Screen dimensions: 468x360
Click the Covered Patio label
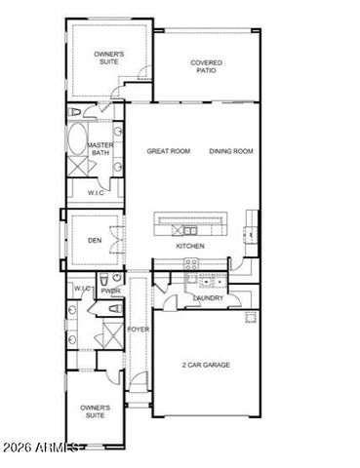tap(205, 66)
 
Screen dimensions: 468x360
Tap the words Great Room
tap(167, 151)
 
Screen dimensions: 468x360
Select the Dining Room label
tap(230, 151)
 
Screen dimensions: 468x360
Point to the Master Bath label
tap(100, 149)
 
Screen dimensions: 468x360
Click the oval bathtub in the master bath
tap(77, 140)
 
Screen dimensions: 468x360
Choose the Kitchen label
tap(189, 247)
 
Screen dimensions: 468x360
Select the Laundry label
tap(209, 299)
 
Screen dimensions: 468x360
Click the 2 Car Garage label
tap(207, 365)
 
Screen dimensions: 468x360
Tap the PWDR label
tap(110, 291)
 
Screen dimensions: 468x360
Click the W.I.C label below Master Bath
tap(96, 193)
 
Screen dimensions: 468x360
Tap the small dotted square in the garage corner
tap(250, 317)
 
